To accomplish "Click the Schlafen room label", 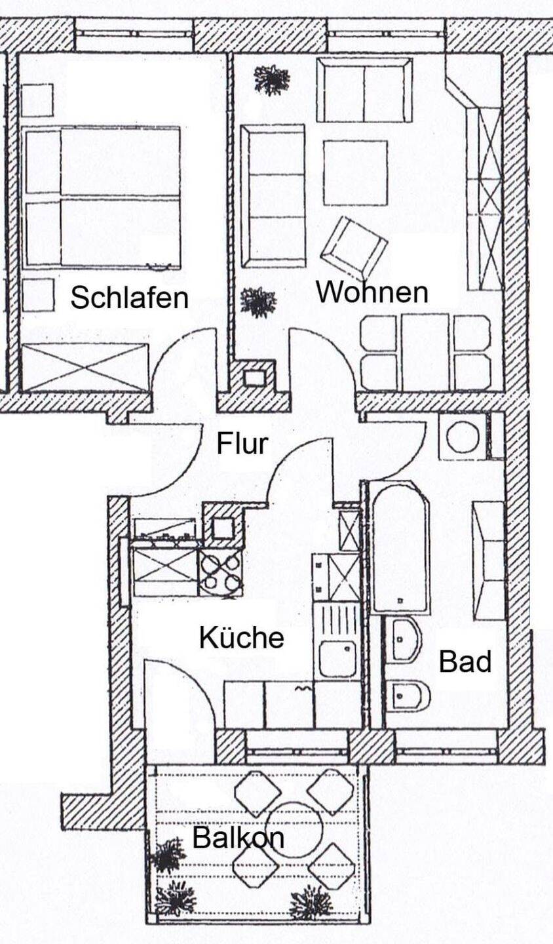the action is coord(129,298).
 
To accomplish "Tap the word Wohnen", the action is coord(372,292).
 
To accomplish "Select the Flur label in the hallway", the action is coord(242,444).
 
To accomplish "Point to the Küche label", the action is coord(241,637).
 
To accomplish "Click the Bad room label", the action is coord(465,661).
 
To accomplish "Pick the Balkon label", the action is coord(238,838).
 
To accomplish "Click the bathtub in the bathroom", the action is coord(399,547).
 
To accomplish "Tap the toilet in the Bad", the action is coord(406,696).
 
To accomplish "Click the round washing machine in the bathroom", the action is coord(463,437).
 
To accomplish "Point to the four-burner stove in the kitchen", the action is coord(220,572).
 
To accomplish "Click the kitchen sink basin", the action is coord(337,658).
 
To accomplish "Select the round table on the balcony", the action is coord(294,829).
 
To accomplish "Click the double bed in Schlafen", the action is coord(102,197).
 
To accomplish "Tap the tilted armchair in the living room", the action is coord(353,248).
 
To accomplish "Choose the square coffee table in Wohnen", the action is coord(354,173).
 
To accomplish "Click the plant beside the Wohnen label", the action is coord(257,302).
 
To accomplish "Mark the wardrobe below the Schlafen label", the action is coord(85,367).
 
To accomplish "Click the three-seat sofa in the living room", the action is coord(273,196).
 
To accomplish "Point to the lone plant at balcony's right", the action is coord(311,903).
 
